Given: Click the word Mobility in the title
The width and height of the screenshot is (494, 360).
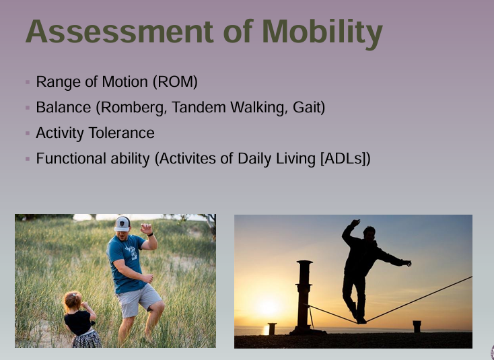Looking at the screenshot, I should [x=322, y=32].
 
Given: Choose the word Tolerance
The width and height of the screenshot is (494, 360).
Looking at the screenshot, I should [x=123, y=133].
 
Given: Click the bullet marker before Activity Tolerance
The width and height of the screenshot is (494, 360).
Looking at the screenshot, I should [x=28, y=134].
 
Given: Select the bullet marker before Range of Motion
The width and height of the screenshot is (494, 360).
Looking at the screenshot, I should [x=28, y=83].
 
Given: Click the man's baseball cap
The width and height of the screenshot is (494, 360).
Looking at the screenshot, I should [x=122, y=223].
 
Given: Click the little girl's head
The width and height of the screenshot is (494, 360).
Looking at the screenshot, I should [x=73, y=301].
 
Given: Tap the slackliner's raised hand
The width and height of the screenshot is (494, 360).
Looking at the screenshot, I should [x=355, y=223].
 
